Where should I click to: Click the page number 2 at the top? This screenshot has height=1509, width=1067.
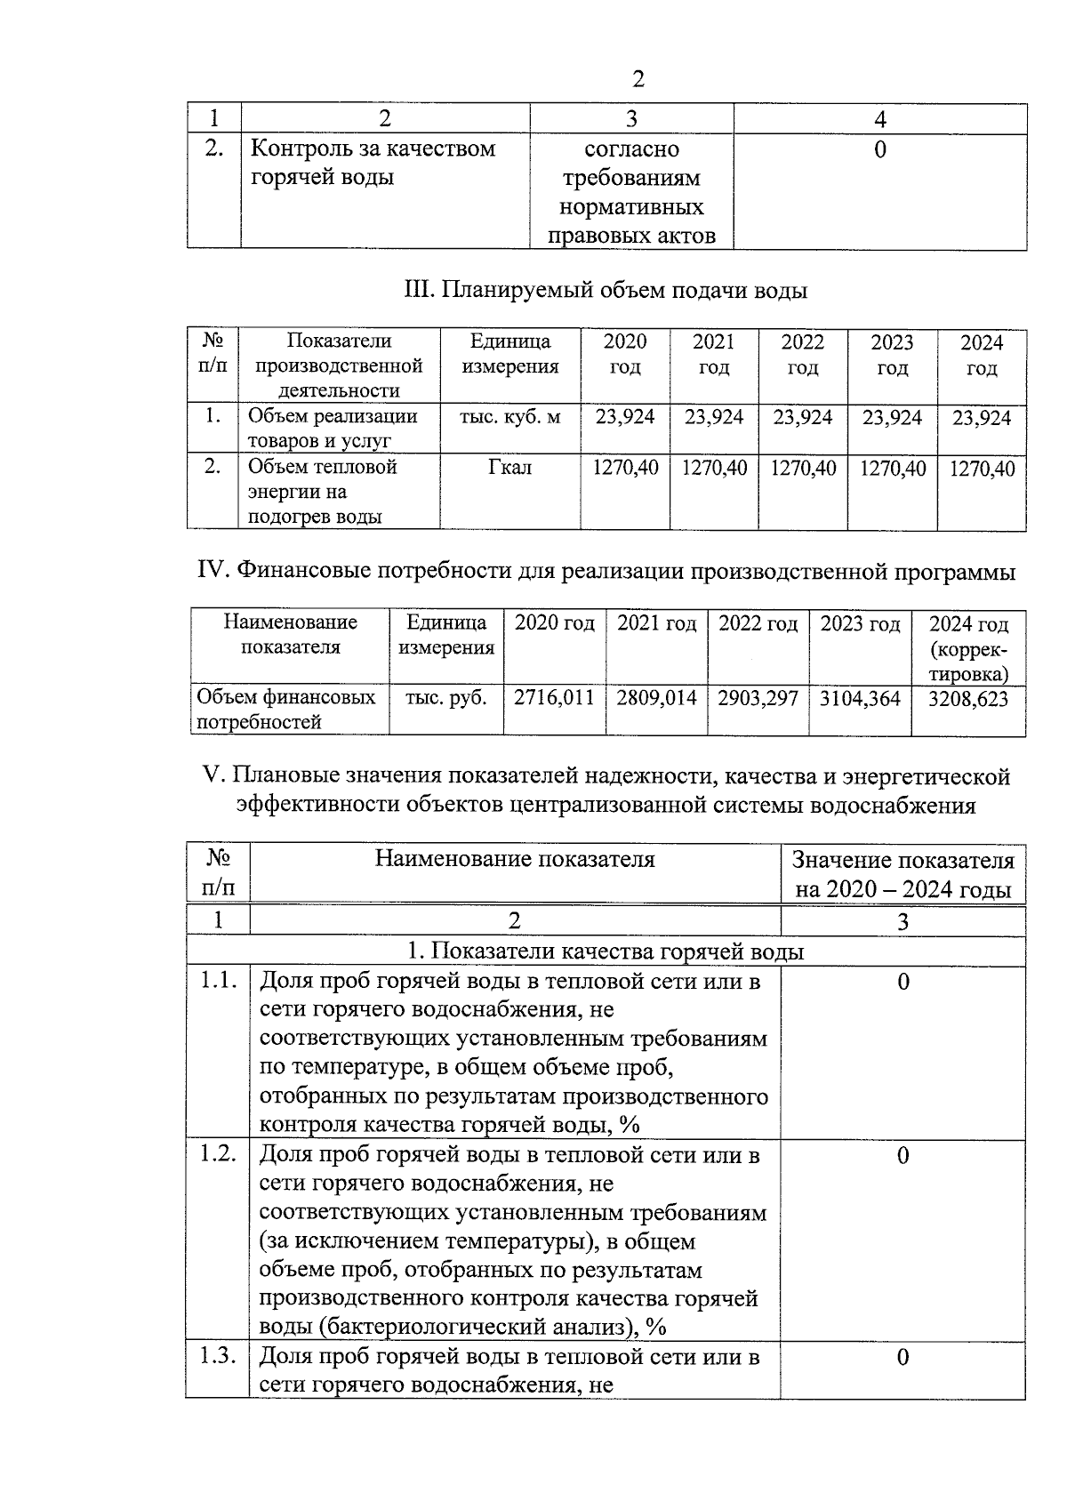coord(637,79)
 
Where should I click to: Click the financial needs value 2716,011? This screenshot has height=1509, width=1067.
coord(555,698)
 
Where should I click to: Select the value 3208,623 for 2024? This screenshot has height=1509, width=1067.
coord(968,699)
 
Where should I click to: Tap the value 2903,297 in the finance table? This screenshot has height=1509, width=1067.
coord(758,698)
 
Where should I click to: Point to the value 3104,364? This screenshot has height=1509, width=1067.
coord(860,698)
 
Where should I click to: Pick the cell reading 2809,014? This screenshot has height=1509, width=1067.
coord(657,698)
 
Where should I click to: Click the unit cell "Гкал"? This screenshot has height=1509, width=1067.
coord(510,467)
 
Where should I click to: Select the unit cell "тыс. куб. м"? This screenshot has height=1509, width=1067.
coord(510,416)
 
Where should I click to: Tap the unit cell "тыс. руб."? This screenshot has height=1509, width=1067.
coord(446,698)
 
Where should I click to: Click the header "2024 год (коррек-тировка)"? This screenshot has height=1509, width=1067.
coord(968,648)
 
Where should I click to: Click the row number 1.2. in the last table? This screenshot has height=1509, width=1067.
coord(218,1154)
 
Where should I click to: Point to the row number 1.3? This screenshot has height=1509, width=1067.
coord(218,1356)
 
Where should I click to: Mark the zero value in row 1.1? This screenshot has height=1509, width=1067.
coord(903,982)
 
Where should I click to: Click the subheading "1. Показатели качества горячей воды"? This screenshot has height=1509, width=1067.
coord(606,951)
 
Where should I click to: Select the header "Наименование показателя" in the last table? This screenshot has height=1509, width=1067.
coord(515,859)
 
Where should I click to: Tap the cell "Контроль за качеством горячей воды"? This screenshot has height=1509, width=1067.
coord(373,162)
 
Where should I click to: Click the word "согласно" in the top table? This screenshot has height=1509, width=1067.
coord(631,149)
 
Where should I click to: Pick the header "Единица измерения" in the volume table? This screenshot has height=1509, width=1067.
coord(510,354)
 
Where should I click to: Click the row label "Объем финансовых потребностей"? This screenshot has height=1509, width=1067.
coord(285,710)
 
